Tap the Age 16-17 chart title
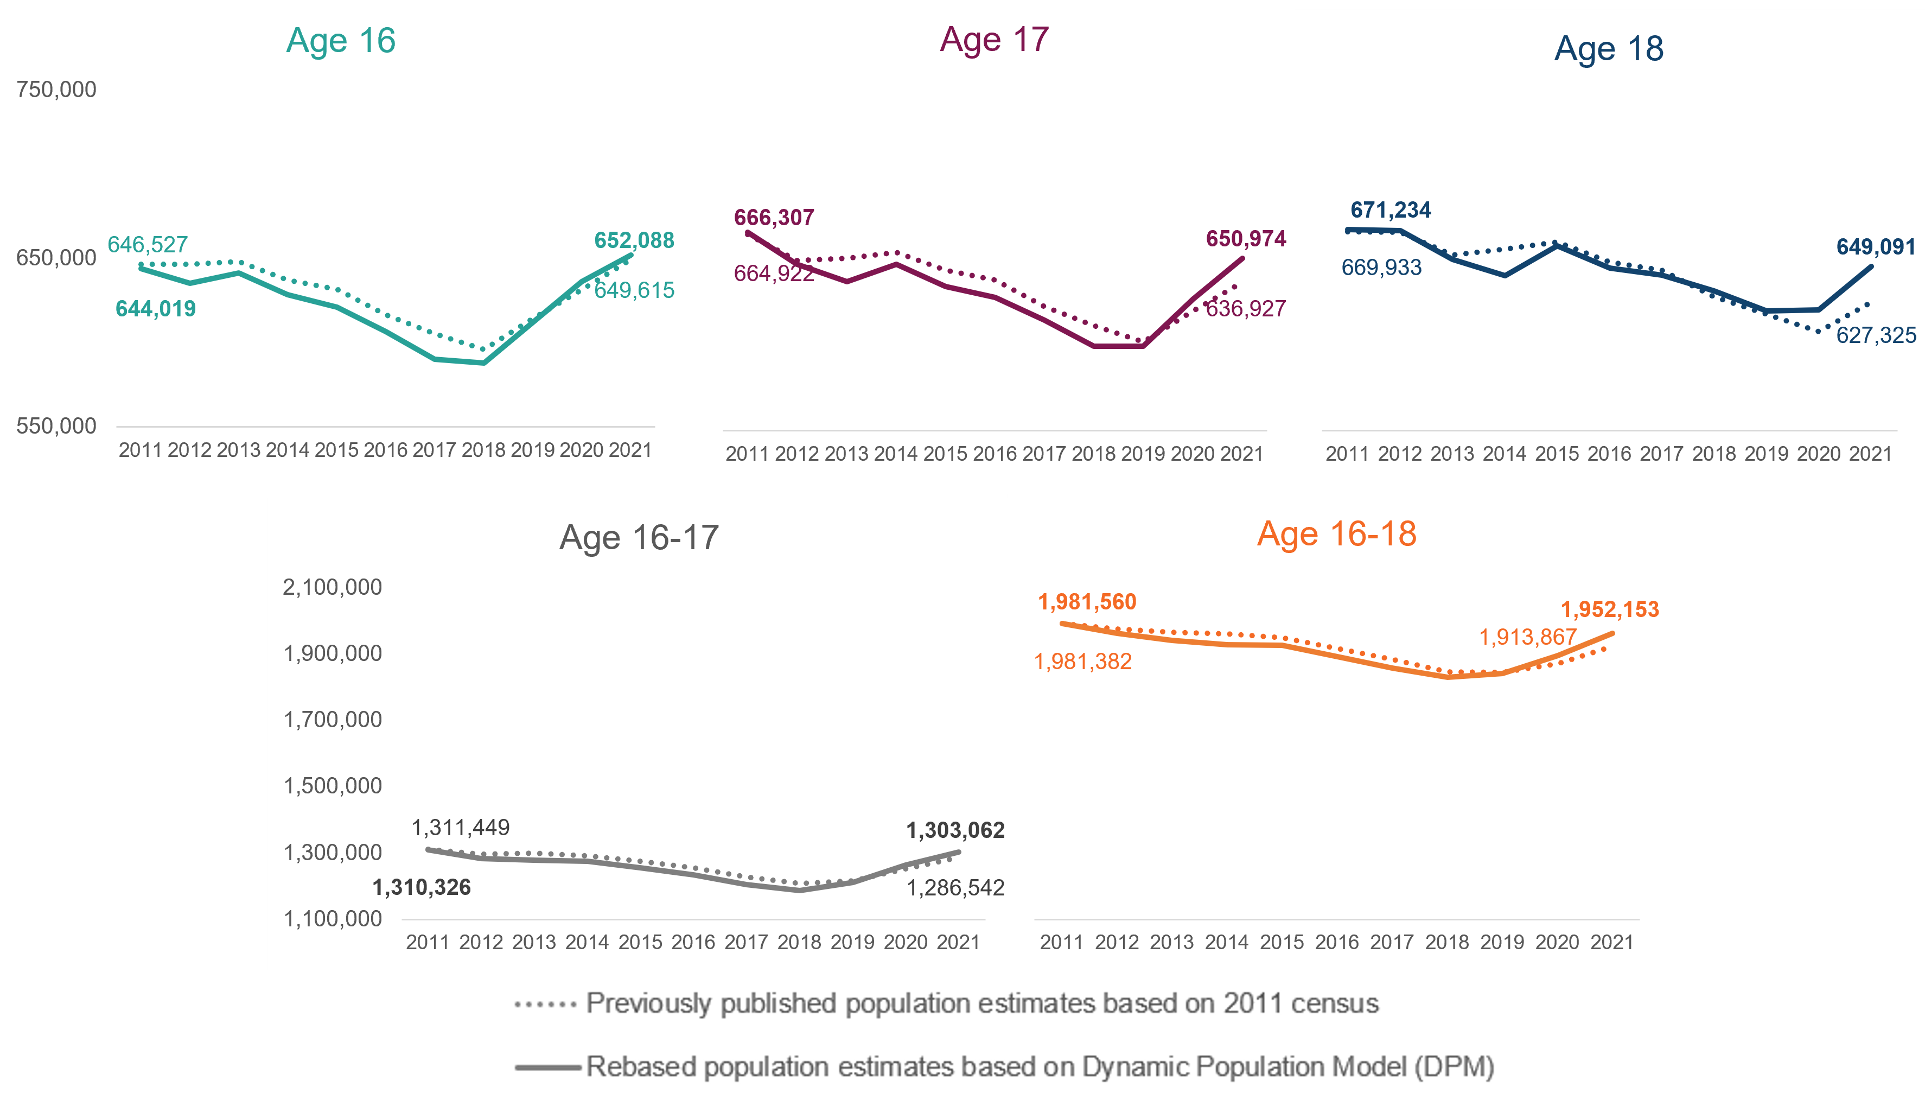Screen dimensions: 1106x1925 coord(639,538)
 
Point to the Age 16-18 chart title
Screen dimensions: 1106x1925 coord(1336,533)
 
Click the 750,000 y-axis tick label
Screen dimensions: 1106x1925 coord(56,90)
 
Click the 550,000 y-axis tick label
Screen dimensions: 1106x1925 coord(56,426)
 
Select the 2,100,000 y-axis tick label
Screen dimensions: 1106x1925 coord(333,587)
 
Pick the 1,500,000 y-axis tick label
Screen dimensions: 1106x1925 coord(333,785)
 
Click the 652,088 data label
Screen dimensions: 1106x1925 coord(634,241)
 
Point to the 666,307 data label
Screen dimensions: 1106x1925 coord(774,218)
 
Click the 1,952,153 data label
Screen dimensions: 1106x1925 coord(1610,609)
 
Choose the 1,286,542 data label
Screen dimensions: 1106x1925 coord(955,887)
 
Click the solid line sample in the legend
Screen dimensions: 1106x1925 coord(547,1067)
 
